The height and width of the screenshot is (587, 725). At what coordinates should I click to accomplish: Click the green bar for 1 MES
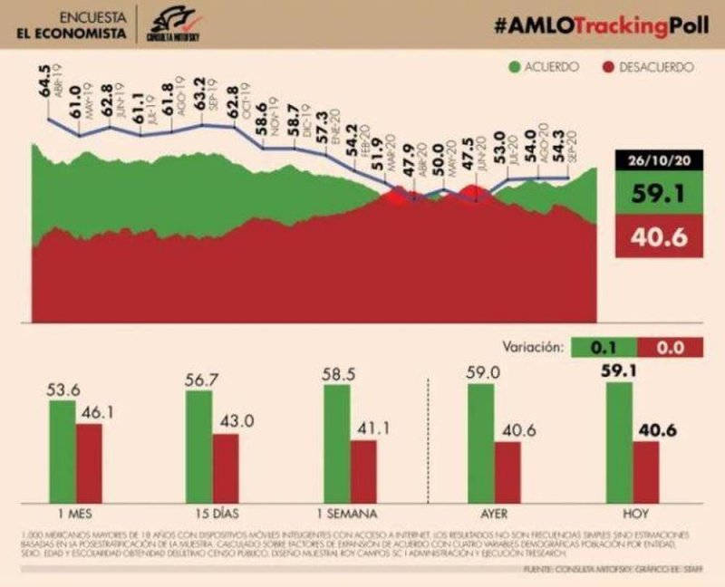point(63,448)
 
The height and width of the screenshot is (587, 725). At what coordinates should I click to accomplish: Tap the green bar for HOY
point(619,439)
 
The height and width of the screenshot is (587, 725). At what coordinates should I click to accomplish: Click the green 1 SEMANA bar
point(336,441)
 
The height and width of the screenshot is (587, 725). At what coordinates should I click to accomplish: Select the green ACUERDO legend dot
point(514,67)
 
